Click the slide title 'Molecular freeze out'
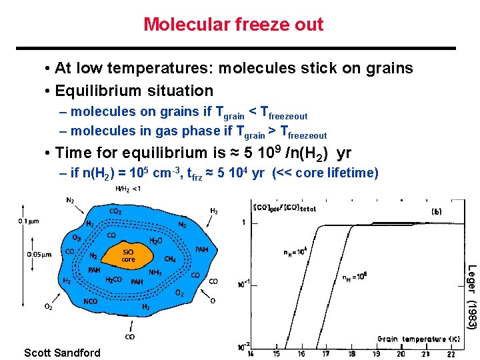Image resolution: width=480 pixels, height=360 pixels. (x=233, y=25)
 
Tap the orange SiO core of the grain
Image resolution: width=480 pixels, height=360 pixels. (x=129, y=255)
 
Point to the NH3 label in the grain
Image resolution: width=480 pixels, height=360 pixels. (x=155, y=271)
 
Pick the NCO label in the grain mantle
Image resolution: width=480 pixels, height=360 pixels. (x=91, y=301)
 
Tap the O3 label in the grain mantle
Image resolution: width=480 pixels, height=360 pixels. (x=77, y=237)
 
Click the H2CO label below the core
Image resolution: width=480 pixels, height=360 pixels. (x=113, y=280)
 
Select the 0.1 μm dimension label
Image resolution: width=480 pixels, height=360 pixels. (x=28, y=221)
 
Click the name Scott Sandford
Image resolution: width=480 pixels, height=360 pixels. (x=62, y=353)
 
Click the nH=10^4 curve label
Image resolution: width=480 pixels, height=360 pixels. (x=295, y=252)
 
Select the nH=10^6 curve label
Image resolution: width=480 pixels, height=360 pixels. (x=354, y=277)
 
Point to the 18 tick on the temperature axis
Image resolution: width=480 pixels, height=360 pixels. (x=351, y=353)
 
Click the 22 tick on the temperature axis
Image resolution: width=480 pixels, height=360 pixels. (x=451, y=353)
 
